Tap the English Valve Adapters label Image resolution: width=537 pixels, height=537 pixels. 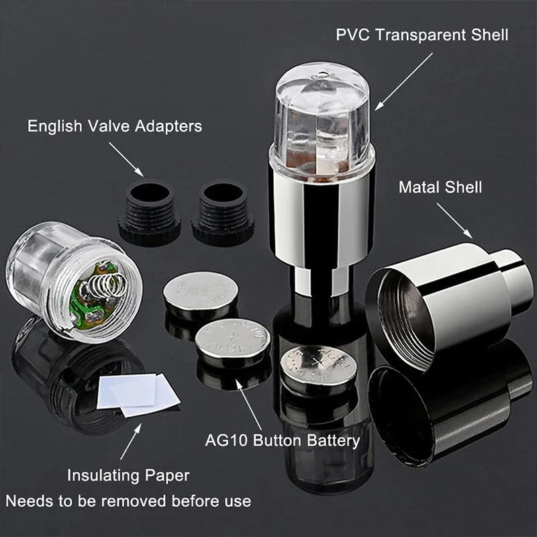click(115, 126)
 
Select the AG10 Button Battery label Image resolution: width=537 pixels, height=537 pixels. click(282, 441)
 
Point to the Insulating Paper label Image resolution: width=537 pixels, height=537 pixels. click(128, 476)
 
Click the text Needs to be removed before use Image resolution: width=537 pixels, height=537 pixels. click(128, 501)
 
